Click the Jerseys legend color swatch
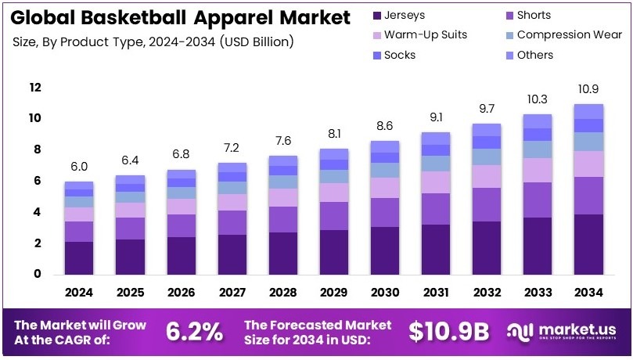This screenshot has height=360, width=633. click(379, 15)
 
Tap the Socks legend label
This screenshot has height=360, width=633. click(401, 55)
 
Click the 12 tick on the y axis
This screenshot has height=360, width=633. click(34, 88)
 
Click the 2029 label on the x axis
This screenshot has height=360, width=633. click(334, 293)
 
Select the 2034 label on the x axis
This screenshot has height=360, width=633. click(588, 293)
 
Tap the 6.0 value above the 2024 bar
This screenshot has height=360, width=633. click(79, 166)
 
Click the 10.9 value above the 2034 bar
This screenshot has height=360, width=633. click(588, 89)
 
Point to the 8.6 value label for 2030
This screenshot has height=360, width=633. click(385, 125)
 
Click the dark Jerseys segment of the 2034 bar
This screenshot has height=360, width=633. click(588, 244)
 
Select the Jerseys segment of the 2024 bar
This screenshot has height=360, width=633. click(79, 257)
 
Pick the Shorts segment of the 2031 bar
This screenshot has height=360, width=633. click(436, 208)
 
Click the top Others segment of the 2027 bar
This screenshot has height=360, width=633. click(232, 167)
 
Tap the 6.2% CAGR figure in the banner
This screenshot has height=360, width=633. click(194, 331)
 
